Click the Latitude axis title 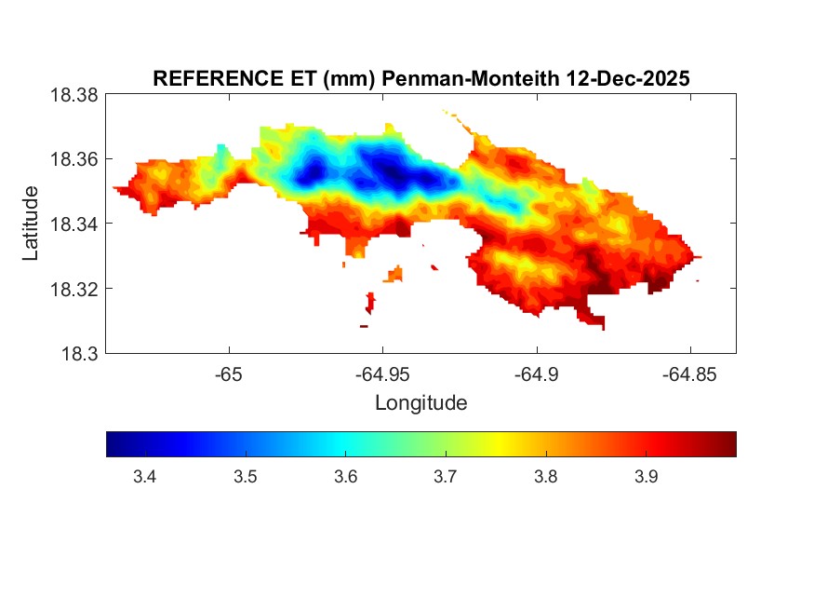(31, 224)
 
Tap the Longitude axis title (420, 403)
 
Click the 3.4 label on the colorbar (145, 478)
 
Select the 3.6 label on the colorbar (345, 478)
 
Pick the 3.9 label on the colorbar (647, 478)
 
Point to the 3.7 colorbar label (446, 478)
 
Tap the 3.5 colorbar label (245, 478)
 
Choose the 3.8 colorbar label (546, 478)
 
